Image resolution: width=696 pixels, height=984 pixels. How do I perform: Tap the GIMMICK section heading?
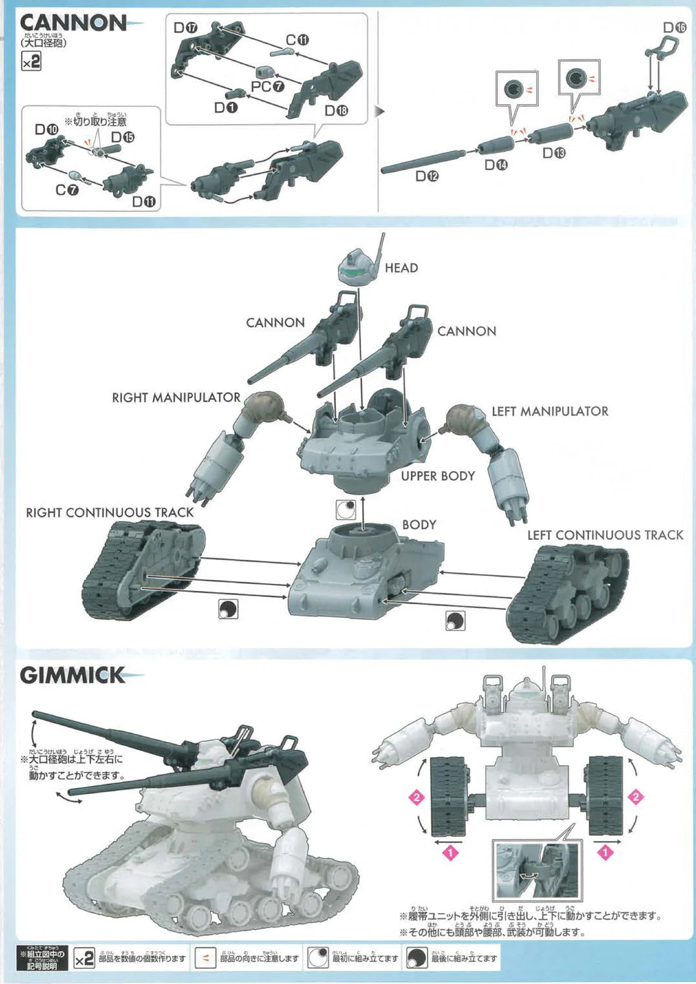[72, 676]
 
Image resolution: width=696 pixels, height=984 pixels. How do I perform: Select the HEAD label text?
[401, 268]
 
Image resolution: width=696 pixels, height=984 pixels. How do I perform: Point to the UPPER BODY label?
[438, 476]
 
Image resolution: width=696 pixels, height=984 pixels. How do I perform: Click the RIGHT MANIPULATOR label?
[176, 398]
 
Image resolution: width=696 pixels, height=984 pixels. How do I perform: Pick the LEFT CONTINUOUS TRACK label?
[605, 535]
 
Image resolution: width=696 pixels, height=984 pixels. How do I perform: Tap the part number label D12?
[426, 176]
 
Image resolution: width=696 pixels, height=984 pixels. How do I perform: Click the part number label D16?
[674, 28]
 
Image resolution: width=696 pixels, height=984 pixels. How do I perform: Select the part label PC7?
[268, 87]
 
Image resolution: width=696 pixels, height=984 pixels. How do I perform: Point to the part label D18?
[337, 110]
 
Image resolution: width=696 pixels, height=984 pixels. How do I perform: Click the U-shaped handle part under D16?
[659, 50]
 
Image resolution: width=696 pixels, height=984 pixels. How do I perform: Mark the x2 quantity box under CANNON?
[31, 62]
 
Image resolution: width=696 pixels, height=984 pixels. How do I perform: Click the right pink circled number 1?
[605, 852]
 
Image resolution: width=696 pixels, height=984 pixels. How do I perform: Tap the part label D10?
[46, 130]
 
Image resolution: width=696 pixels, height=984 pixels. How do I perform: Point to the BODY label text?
[419, 525]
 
